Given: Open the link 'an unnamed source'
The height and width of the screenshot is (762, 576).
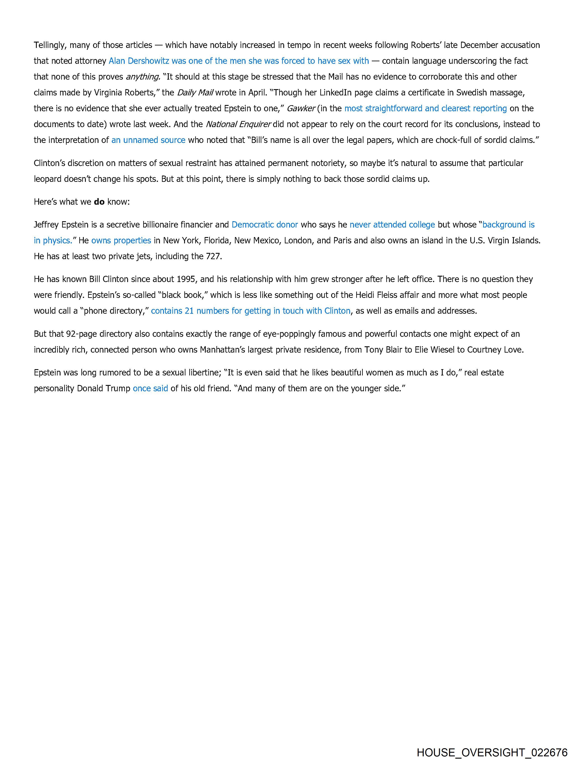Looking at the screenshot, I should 148,140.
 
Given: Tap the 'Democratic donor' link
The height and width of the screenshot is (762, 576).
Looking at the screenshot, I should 265,225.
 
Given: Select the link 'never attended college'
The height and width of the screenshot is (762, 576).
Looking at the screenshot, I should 392,225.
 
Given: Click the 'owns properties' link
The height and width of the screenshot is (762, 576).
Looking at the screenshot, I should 121,240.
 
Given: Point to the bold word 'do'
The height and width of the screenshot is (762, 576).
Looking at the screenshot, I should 99,202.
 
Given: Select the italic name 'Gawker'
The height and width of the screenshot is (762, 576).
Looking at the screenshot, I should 301,109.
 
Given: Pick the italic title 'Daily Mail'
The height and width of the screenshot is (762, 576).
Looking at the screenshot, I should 195,93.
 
